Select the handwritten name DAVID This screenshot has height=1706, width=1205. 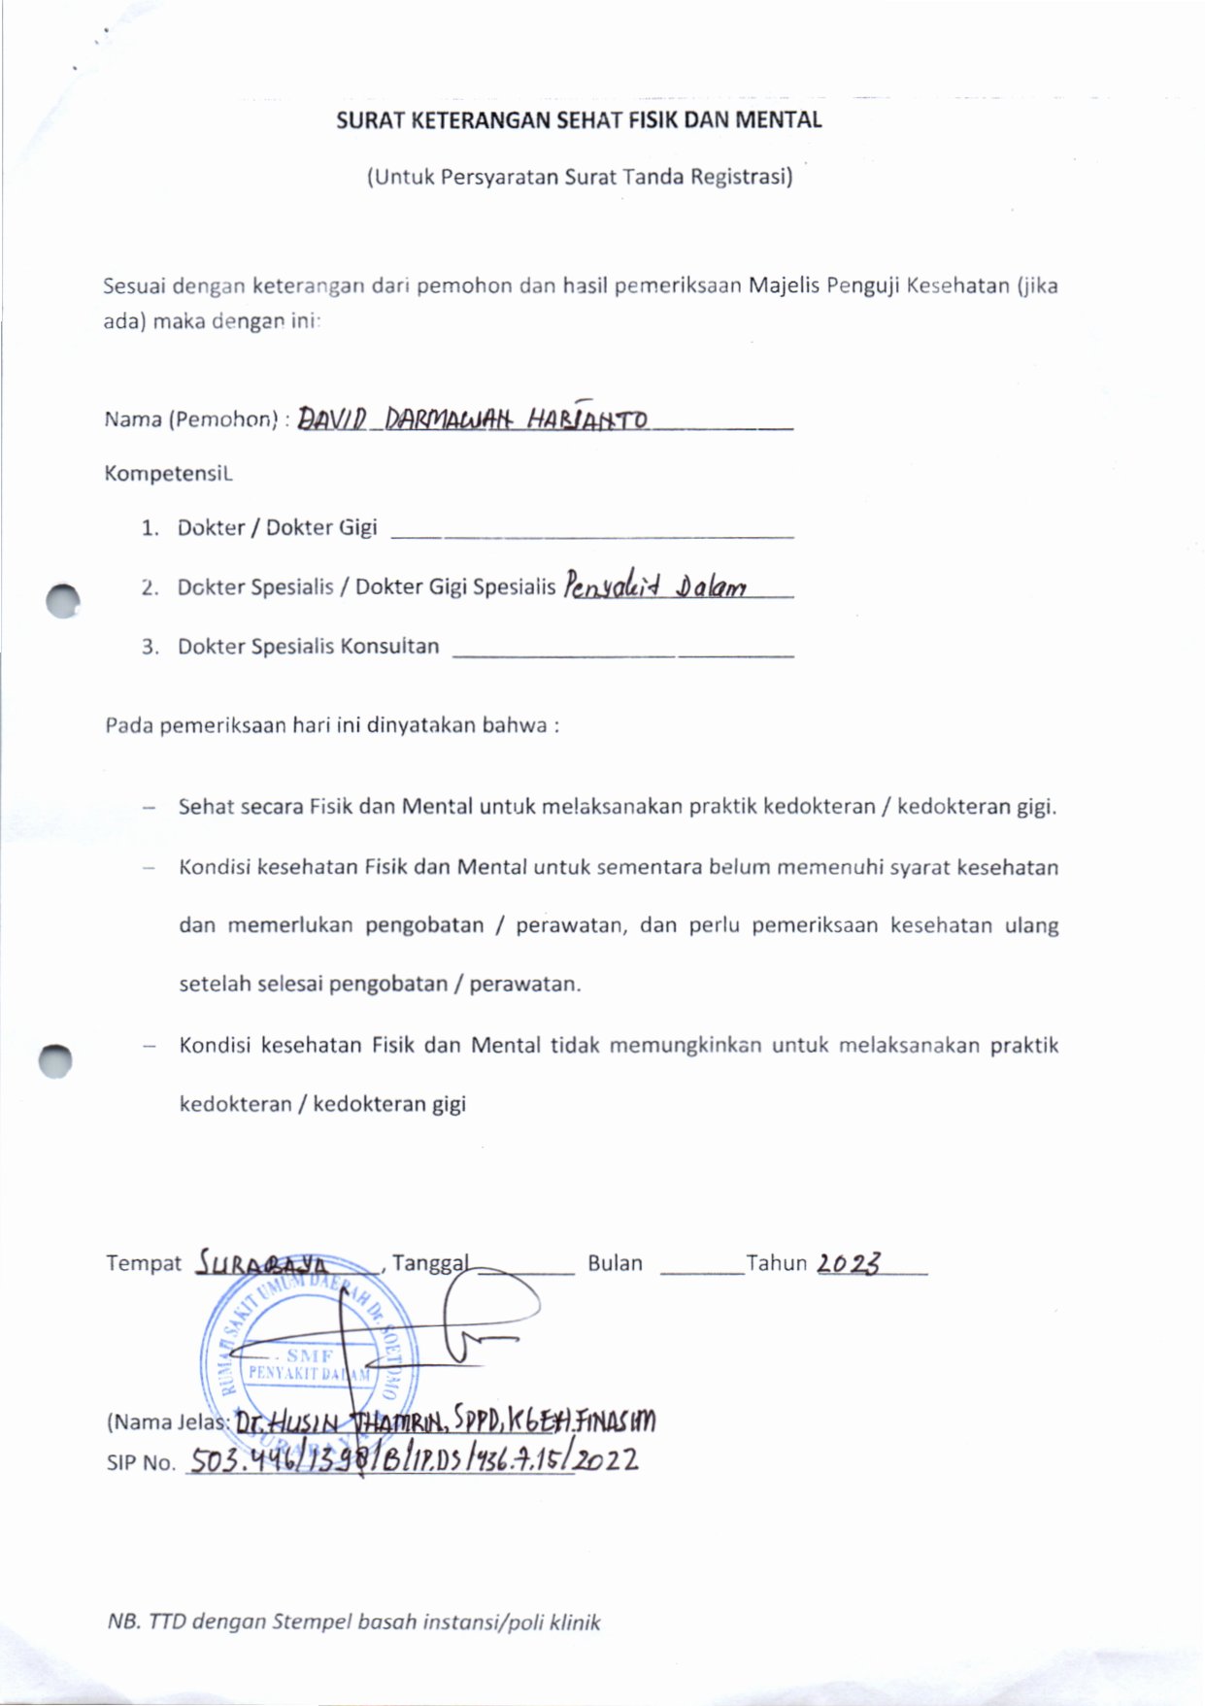point(331,419)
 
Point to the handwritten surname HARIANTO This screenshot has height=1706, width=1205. point(587,418)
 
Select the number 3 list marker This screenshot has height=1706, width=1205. point(150,647)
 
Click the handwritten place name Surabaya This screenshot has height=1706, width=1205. point(262,1262)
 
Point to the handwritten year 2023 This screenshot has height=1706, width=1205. point(848,1262)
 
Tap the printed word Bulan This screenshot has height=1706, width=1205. point(615,1263)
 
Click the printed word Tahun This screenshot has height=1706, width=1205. point(776,1263)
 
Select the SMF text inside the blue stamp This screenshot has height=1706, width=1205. point(310,1355)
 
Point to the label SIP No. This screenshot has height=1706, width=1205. point(140,1463)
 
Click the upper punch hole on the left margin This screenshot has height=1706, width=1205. point(63,601)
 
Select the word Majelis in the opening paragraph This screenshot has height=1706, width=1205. point(784,285)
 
